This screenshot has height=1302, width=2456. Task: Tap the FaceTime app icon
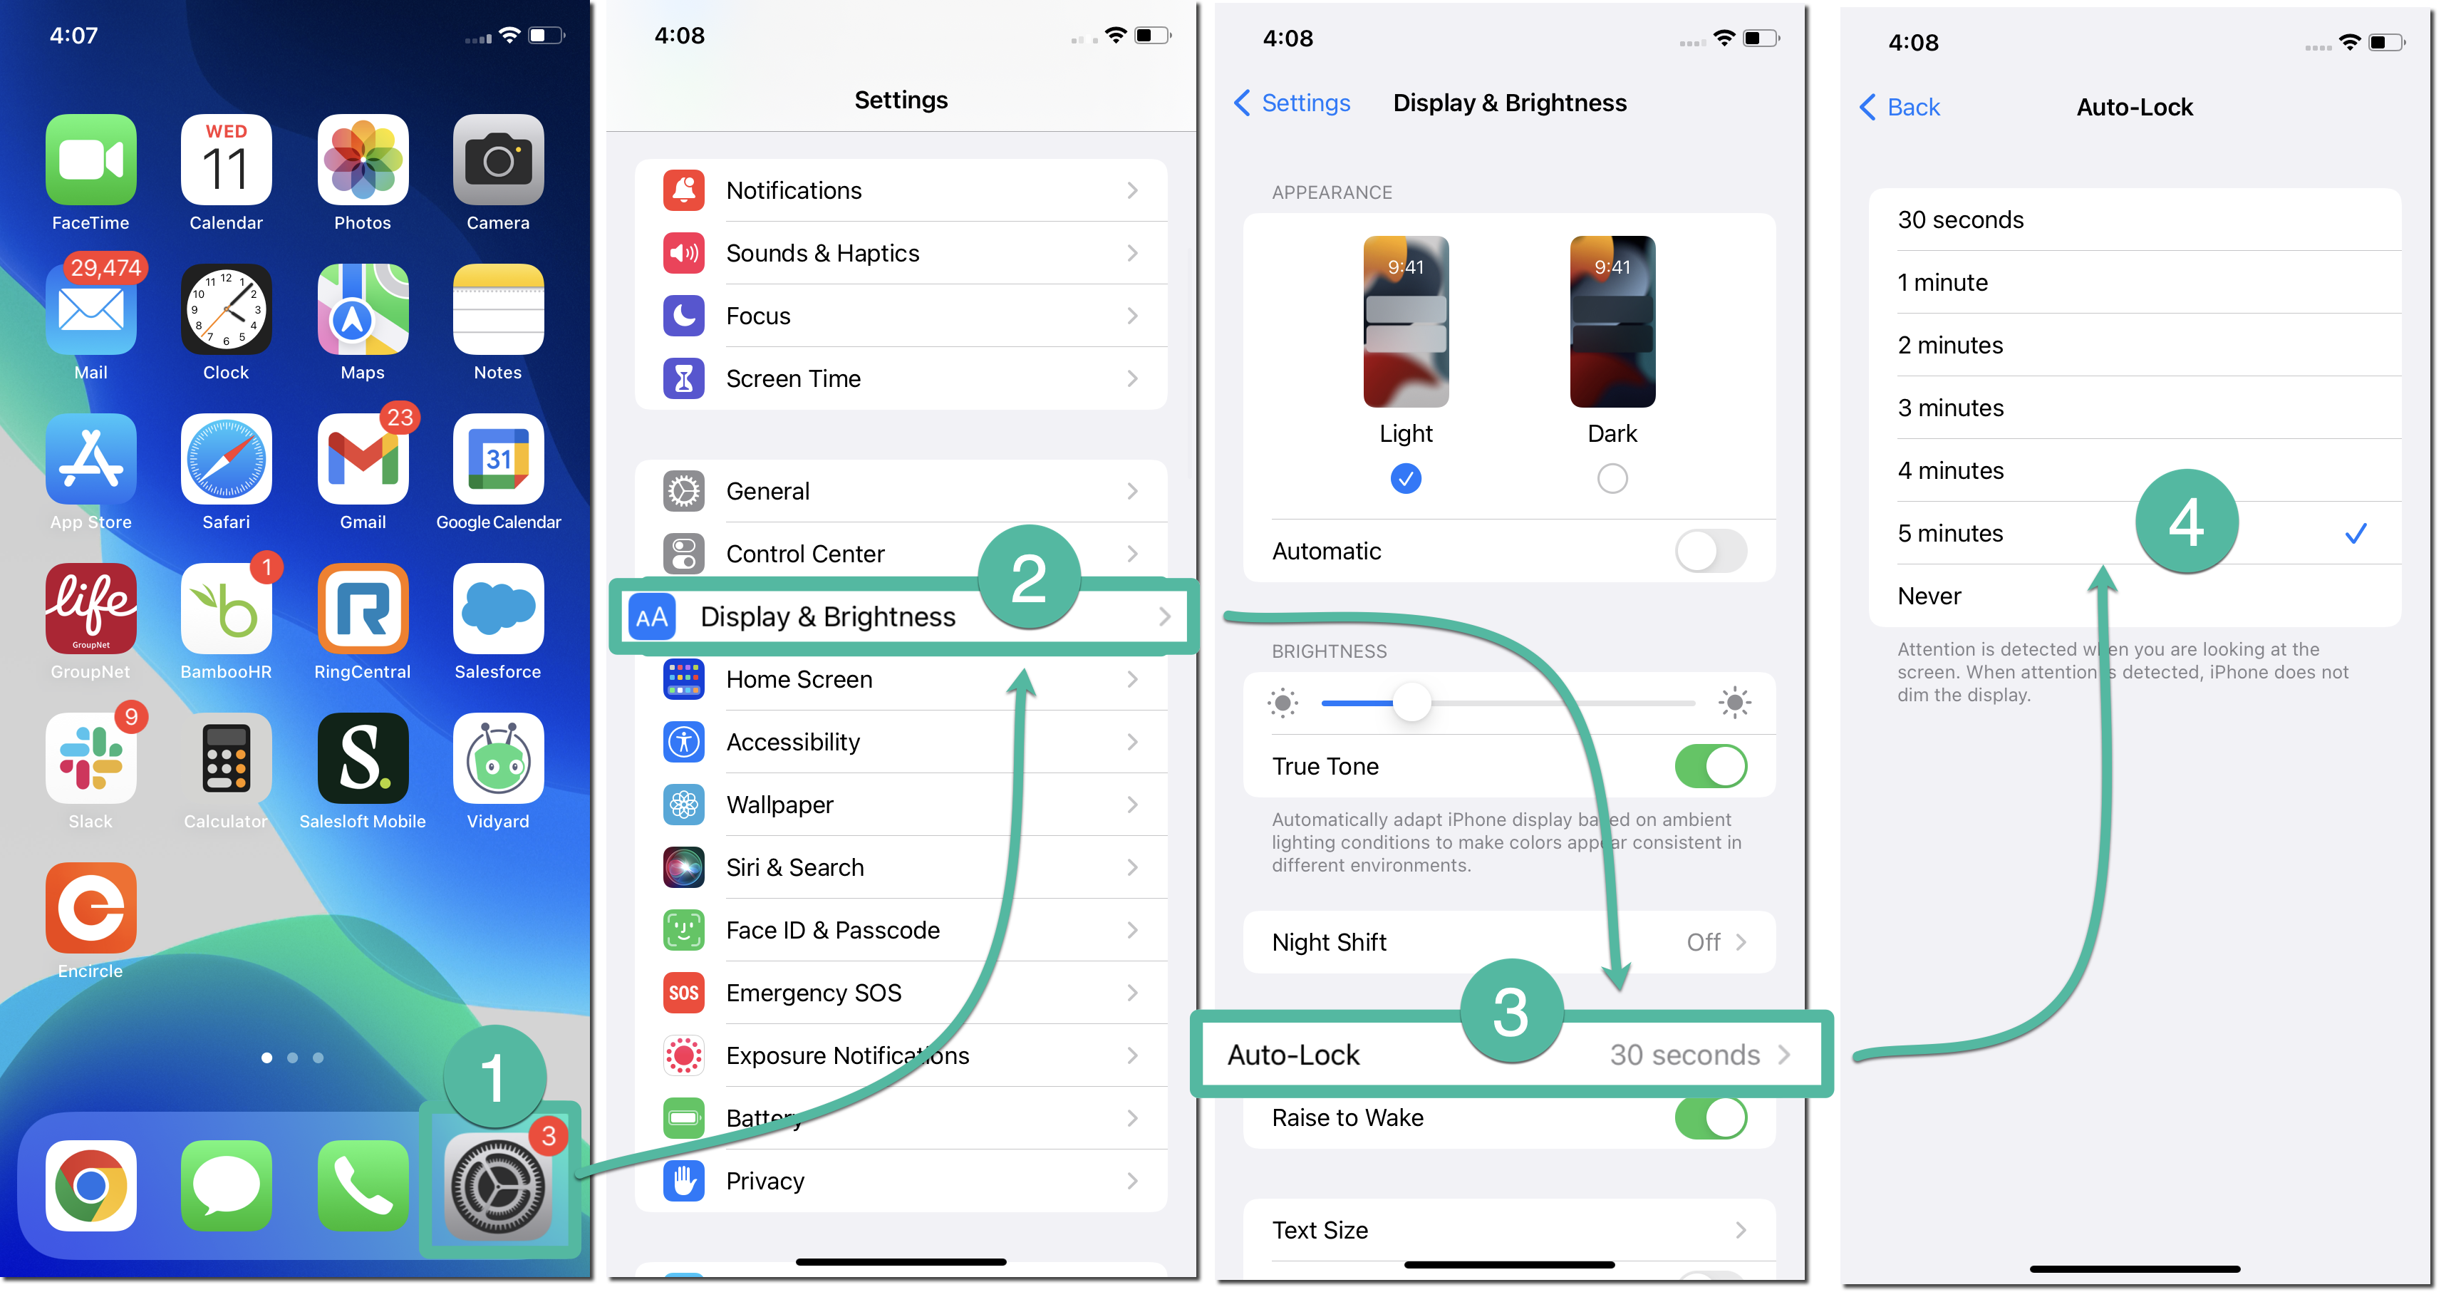pos(90,160)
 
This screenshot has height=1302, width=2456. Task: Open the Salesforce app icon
pos(497,609)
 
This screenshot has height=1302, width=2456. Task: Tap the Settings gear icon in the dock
pos(497,1187)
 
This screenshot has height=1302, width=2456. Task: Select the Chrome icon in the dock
pos(90,1186)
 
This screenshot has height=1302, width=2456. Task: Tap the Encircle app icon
pos(90,908)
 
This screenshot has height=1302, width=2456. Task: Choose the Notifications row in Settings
pos(901,191)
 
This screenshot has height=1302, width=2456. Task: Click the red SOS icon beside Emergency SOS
pos(683,993)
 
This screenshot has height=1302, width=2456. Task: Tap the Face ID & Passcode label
pos(832,930)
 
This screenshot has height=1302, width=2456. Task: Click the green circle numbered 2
pos(1029,577)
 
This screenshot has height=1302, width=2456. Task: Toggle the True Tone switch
pos(1711,766)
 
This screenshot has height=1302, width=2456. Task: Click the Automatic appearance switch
pos(1711,552)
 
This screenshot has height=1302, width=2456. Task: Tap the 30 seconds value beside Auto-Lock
pos(1684,1055)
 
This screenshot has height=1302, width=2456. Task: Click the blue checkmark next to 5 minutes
pos(2355,533)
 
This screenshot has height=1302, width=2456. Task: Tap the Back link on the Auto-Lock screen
pos(1900,107)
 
